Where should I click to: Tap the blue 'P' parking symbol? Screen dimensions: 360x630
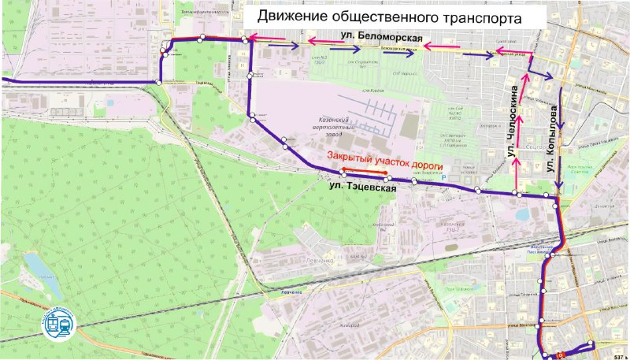point(441,179)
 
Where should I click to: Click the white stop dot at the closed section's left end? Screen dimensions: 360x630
point(341,171)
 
